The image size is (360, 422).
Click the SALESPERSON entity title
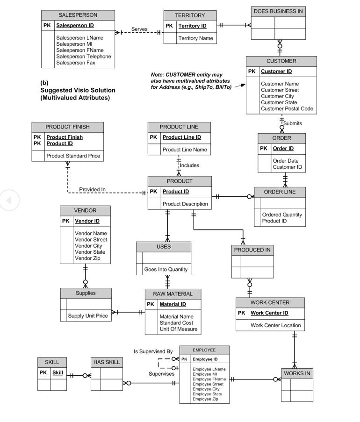tap(78, 15)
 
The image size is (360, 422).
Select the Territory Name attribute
tap(195, 38)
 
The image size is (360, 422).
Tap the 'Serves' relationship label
tap(139, 29)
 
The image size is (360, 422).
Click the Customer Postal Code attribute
tap(287, 109)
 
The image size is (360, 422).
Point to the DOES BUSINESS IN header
tap(278, 11)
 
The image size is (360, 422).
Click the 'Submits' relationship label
tap(293, 123)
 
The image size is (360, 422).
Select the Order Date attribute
tap(285, 161)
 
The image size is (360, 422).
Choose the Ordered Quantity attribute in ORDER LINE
tap(282, 215)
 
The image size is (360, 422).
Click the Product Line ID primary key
tap(181, 137)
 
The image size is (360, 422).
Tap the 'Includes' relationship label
tap(189, 165)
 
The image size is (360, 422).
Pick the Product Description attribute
tap(185, 204)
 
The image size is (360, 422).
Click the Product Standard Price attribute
tap(73, 156)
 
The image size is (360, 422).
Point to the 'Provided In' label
tap(92, 189)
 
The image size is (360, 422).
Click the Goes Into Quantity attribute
tap(166, 269)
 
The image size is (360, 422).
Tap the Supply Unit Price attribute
tap(87, 316)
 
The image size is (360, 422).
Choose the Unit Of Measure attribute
tap(178, 329)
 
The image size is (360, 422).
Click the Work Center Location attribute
tap(276, 325)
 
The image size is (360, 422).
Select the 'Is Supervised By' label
tap(153, 351)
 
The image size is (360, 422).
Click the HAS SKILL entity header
tap(106, 362)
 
